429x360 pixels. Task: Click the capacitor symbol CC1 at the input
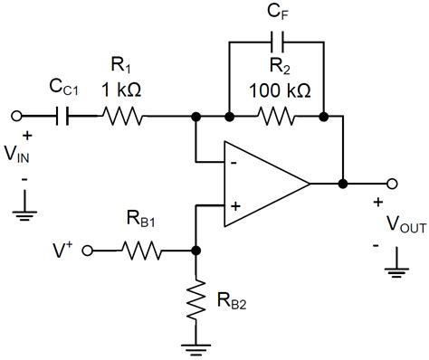[63, 116]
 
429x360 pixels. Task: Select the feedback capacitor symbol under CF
[275, 42]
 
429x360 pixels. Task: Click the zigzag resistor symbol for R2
[275, 116]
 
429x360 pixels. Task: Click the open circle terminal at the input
[16, 116]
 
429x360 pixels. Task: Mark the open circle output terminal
[390, 184]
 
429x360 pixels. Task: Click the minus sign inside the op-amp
[234, 163]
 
